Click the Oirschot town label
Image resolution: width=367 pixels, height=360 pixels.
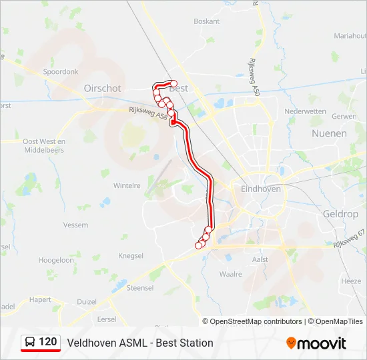(103, 88)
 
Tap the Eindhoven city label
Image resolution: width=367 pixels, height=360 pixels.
(260, 189)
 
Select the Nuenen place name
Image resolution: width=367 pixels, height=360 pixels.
(329, 133)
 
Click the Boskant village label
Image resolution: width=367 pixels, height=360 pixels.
(206, 21)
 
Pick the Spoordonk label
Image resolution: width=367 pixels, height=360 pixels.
(61, 71)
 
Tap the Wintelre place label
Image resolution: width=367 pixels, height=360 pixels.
(127, 185)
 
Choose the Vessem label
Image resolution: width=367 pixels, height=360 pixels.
(75, 225)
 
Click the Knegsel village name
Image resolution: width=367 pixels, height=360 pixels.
(131, 256)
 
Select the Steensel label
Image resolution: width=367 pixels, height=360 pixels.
(140, 288)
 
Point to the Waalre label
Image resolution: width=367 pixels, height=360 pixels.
(230, 273)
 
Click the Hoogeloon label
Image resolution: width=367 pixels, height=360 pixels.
(56, 260)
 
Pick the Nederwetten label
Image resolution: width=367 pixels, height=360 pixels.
(304, 111)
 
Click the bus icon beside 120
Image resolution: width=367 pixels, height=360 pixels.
(31, 342)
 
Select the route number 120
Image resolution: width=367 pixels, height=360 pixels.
(48, 342)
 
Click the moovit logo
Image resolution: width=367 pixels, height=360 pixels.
(316, 343)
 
